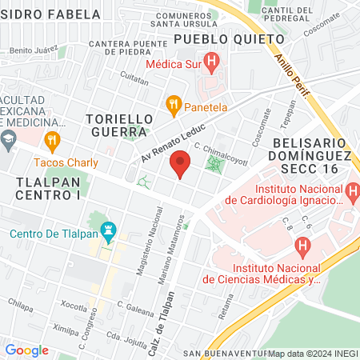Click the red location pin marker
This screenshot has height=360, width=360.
pyautogui.click(x=180, y=166)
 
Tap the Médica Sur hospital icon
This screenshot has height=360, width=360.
pyautogui.click(x=211, y=60)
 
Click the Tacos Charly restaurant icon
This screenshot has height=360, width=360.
pyautogui.click(x=53, y=142)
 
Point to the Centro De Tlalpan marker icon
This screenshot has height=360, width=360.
pyautogui.click(x=110, y=234)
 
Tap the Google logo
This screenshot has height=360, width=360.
pyautogui.click(x=26, y=350)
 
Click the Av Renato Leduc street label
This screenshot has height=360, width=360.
pyautogui.click(x=174, y=142)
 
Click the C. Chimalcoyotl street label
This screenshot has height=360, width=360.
pyautogui.click(x=222, y=150)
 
